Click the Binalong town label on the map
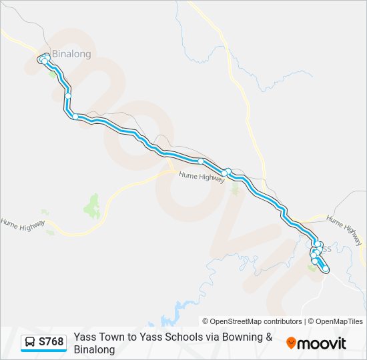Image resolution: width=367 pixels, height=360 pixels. pos(71,54)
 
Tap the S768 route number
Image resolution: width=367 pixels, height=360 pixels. pos(51,342)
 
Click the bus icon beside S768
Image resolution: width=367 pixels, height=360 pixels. pos(30,342)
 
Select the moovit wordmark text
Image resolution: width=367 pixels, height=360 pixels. pos(322,343)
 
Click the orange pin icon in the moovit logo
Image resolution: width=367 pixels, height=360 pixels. pos(291,343)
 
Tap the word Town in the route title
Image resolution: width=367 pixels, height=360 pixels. pos(111,337)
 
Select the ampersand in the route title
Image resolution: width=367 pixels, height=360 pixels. pos(269,337)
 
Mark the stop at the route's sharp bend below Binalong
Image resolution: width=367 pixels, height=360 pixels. pos(76,117)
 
